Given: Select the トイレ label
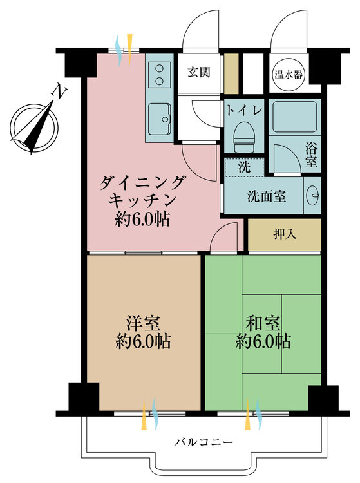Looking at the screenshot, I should (x=243, y=110).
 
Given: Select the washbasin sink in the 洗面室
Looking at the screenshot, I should (x=312, y=196).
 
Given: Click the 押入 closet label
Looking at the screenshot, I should (x=284, y=234).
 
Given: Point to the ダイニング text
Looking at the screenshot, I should (x=143, y=183).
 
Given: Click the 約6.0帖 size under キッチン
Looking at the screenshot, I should (x=143, y=220).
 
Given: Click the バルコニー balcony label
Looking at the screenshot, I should (x=203, y=442).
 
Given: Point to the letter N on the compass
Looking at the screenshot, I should (x=60, y=92).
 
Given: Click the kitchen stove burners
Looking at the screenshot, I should (x=159, y=75).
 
